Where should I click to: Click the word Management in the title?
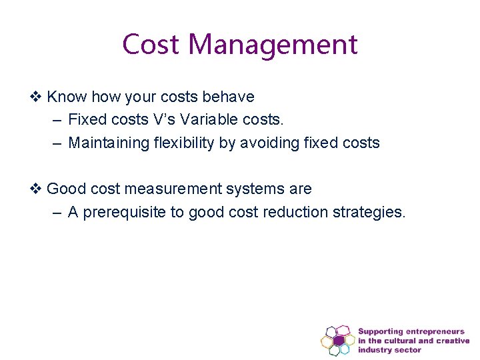[273, 45]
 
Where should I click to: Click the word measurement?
[172, 189]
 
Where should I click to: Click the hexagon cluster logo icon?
[337, 340]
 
